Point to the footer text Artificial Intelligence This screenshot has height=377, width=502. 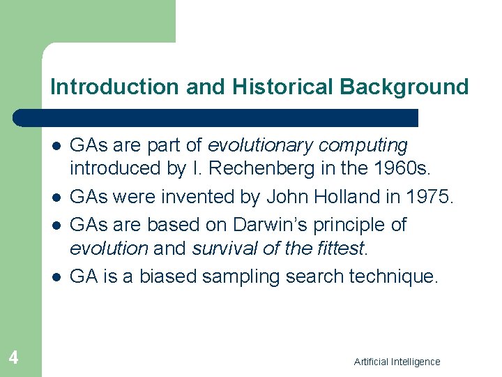click(x=397, y=362)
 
